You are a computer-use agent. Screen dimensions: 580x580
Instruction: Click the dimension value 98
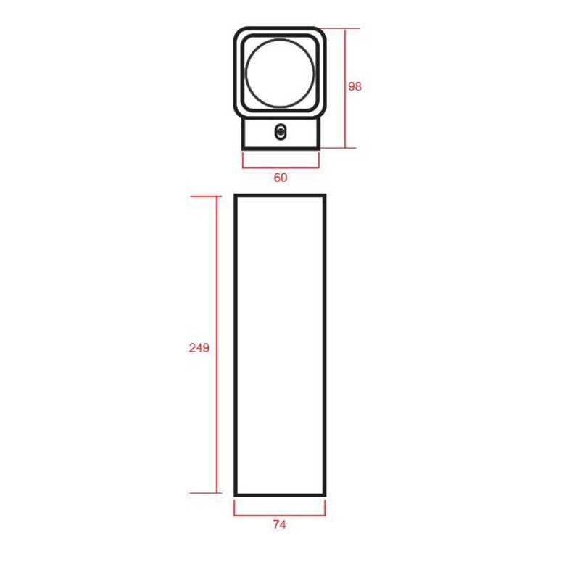pyautogui.click(x=355, y=86)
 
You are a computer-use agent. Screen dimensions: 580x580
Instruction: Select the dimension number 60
pyautogui.click(x=280, y=178)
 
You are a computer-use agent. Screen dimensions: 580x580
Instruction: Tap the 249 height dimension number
pyautogui.click(x=199, y=347)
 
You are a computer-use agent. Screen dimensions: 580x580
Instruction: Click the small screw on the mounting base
pyautogui.click(x=281, y=131)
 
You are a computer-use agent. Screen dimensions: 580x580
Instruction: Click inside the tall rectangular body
pyautogui.click(x=280, y=344)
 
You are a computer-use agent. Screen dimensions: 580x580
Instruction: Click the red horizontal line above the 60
pyautogui.click(x=280, y=164)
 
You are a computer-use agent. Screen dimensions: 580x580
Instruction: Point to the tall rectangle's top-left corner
pyautogui.click(x=236, y=196)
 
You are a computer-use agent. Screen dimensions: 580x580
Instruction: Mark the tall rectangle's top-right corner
pyautogui.click(x=324, y=196)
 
